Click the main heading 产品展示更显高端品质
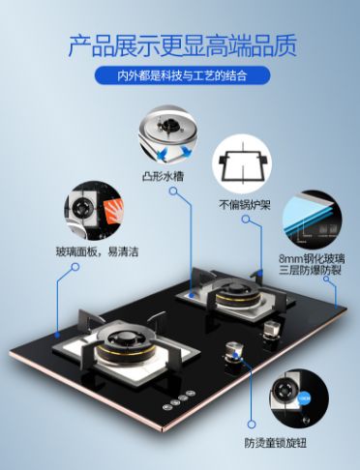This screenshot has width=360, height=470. pos(183,45)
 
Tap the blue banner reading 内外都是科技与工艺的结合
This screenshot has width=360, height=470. pos(182,76)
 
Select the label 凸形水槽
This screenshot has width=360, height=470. pos(163,176)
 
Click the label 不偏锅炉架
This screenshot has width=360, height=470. pos(245,205)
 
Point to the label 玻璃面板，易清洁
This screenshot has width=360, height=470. pos(97,251)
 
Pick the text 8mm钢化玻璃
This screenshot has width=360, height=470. pos(312,258)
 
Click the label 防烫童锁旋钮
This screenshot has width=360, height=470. pos(275,443)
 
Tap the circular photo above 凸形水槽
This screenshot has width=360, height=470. pos(168,134)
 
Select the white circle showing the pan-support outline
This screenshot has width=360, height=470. pos(242,164)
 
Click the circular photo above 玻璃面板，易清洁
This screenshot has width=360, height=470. pos(94,211)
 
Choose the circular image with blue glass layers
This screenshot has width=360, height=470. pos(313,220)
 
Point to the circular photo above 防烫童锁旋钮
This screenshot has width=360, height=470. pos(299,398)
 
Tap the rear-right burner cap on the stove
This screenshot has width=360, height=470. pos(234,287)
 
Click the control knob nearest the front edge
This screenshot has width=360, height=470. pos(233,351)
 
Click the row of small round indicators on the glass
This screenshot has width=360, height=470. pos(179,400)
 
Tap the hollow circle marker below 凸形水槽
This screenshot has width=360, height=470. pos(173,191)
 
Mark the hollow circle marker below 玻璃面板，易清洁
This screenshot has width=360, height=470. pos(75,267)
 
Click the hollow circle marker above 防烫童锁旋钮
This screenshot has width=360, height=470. pos(252,424)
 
